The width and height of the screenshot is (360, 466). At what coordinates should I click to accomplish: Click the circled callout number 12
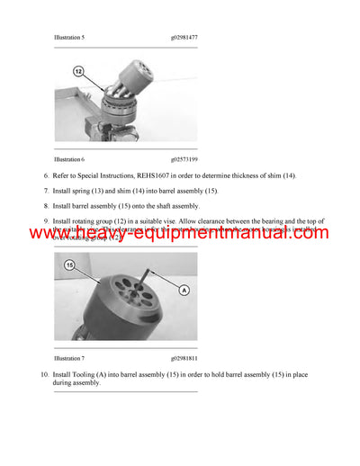(x=77, y=70)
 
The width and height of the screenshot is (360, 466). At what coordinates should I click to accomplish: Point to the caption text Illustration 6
(x=69, y=158)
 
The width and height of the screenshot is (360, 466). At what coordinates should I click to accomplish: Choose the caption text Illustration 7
(x=69, y=358)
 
